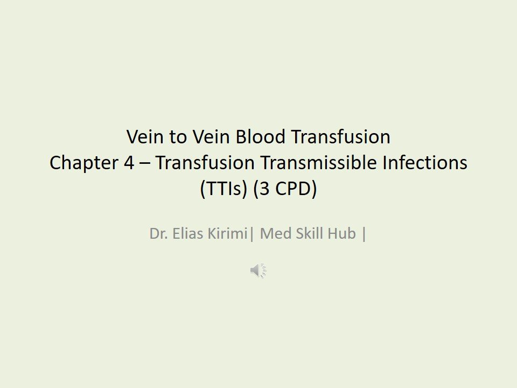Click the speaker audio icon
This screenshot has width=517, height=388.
coord(258,271)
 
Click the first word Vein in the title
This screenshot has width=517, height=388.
coord(143,137)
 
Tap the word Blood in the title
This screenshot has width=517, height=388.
coord(261,137)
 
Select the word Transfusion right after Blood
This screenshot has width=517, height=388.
coord(340,137)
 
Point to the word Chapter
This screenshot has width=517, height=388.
coord(81,163)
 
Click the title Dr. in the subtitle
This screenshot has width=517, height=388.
coord(157,235)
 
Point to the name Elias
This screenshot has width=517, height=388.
coord(185,235)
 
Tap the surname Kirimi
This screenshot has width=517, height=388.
coord(227,235)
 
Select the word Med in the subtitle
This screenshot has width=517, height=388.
coord(274,235)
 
